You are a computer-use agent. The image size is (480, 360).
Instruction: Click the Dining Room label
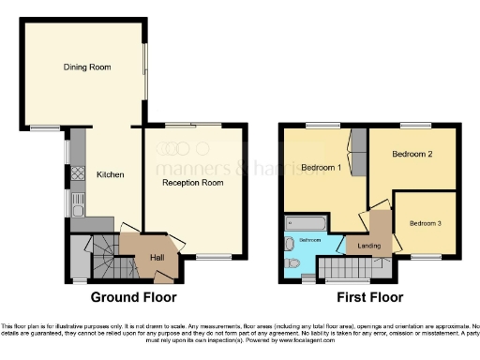point(87,67)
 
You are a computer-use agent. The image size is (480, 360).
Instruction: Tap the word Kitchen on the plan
point(111,174)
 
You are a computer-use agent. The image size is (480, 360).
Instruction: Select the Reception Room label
point(192,183)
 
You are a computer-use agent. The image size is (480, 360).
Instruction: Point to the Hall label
point(157,257)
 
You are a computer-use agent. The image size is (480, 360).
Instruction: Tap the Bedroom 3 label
point(425,223)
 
